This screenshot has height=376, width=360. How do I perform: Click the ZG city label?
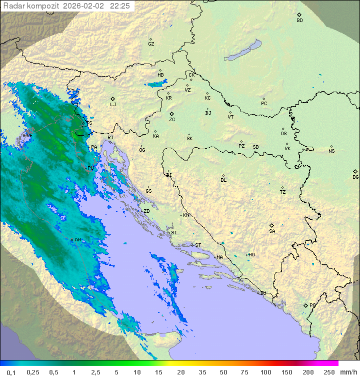[172, 120]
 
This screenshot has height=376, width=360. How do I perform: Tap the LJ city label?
[113, 105]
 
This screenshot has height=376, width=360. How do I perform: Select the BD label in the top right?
[299, 21]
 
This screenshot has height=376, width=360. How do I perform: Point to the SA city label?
[272, 231]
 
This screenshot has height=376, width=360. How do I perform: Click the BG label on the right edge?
[355, 177]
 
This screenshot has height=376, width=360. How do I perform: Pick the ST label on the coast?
[198, 245]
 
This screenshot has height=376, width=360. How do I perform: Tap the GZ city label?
[151, 44]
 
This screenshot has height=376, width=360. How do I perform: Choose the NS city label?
[331, 151]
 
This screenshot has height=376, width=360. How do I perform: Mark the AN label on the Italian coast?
[77, 240]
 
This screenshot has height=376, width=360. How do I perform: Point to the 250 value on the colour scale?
[329, 372]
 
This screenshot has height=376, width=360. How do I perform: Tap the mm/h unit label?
[348, 372]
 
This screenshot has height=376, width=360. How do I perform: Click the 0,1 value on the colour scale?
[10, 372]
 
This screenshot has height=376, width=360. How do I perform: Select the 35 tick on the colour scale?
[202, 372]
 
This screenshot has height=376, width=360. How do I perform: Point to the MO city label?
[251, 255]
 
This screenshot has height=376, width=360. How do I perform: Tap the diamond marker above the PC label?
[263, 99]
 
